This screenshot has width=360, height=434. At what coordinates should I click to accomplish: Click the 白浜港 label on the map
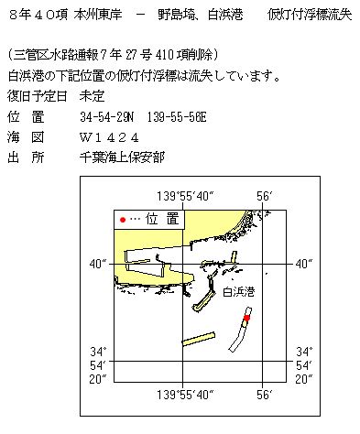(x=239, y=291)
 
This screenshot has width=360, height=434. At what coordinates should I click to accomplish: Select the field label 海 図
(x=26, y=136)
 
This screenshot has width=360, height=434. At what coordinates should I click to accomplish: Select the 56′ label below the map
(x=265, y=396)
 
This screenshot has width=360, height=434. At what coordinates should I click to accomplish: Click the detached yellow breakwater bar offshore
(x=197, y=338)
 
